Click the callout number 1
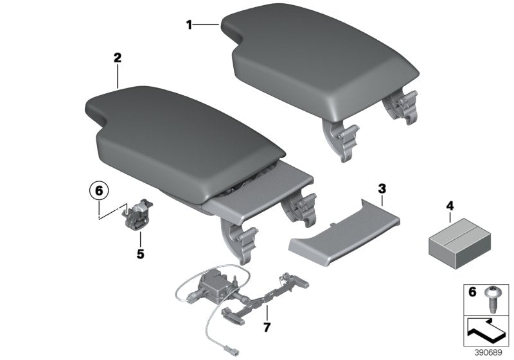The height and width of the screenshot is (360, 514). pyautogui.click(x=189, y=24)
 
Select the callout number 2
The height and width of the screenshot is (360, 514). pyautogui.click(x=117, y=58)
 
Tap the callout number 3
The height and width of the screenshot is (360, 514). pyautogui.click(x=381, y=189)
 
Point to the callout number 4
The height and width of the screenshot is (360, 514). pyautogui.click(x=449, y=206)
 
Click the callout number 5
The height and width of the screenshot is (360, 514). pyautogui.click(x=140, y=253)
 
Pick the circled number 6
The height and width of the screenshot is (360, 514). pyautogui.click(x=99, y=191)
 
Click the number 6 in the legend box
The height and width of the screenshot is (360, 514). pyautogui.click(x=472, y=292)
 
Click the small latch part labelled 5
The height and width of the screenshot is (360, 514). pyautogui.click(x=136, y=213)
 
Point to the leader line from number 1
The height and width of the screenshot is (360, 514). pyautogui.click(x=207, y=24)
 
